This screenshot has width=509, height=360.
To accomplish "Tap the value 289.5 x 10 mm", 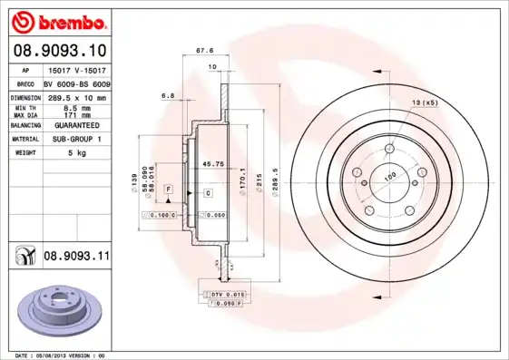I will [x=76, y=96].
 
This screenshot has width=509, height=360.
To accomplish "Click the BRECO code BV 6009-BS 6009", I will [x=77, y=83].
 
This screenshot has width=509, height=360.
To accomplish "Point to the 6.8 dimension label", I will [x=167, y=95].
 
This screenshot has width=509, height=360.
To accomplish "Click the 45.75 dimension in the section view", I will [x=212, y=163].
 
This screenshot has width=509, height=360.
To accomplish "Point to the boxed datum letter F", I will [x=169, y=187].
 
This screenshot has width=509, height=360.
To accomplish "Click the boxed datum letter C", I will [x=208, y=193].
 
